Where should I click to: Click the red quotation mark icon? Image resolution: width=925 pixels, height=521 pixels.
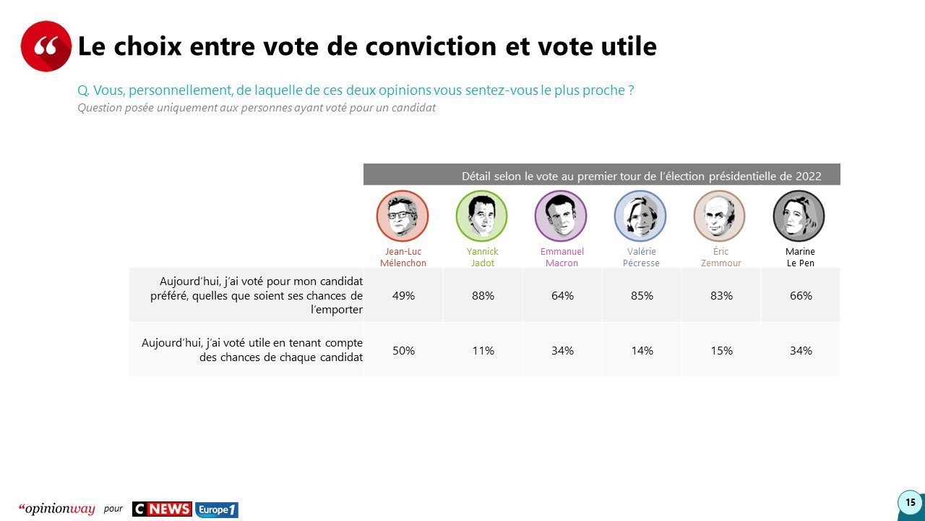(46, 46)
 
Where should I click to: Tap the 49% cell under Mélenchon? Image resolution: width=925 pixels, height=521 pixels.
(403, 295)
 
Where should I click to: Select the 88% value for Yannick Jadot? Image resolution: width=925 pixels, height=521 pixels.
(483, 295)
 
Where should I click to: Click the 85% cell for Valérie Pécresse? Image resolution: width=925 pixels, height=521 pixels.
(642, 295)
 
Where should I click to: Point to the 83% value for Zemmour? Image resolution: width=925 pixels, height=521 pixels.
(721, 295)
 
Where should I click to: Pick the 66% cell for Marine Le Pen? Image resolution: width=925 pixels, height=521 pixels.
(801, 295)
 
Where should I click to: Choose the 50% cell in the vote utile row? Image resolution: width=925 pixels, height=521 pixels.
(403, 350)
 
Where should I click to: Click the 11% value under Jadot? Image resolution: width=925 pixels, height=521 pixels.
(483, 350)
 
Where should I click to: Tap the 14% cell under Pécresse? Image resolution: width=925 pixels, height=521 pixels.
(642, 350)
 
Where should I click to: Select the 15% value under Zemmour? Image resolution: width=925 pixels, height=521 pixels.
(721, 350)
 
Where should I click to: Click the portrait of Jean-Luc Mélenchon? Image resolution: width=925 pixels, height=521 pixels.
(403, 216)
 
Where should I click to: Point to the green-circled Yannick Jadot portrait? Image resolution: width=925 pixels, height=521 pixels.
(481, 216)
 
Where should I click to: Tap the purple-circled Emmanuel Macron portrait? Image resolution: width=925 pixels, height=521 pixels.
(561, 216)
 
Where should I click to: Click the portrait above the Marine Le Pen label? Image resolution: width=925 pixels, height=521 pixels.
(799, 216)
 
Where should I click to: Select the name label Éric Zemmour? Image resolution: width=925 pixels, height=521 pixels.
(721, 258)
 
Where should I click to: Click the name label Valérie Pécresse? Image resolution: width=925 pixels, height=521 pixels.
(641, 258)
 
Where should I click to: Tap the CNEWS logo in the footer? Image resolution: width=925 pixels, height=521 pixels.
(162, 509)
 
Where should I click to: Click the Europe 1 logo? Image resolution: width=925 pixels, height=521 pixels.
(217, 509)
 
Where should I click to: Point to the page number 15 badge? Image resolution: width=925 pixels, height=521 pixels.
(910, 502)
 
